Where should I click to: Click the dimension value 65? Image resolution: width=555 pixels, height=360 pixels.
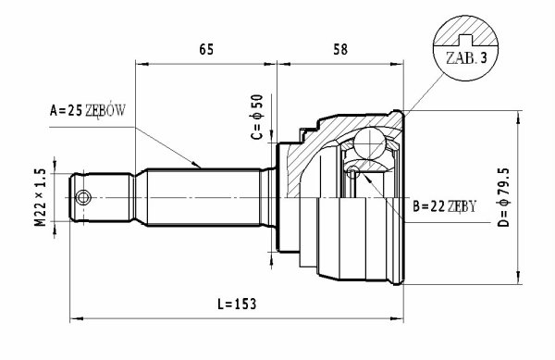(x=206, y=49)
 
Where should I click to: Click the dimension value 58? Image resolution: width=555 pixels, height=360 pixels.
(x=340, y=49)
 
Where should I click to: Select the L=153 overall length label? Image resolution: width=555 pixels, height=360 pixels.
(x=237, y=304)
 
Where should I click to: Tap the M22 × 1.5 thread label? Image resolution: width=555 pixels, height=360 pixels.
(x=41, y=197)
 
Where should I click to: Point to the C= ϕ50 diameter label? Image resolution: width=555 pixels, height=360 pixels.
(x=257, y=117)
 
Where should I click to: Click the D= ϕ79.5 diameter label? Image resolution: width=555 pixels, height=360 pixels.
(x=504, y=197)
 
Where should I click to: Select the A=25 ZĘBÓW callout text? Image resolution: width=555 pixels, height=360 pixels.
(x=88, y=111)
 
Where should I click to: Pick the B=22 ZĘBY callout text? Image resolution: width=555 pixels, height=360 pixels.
(x=445, y=206)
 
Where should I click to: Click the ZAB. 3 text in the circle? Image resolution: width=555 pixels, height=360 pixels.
(x=466, y=58)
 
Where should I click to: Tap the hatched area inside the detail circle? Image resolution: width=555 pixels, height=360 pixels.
(x=466, y=31)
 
